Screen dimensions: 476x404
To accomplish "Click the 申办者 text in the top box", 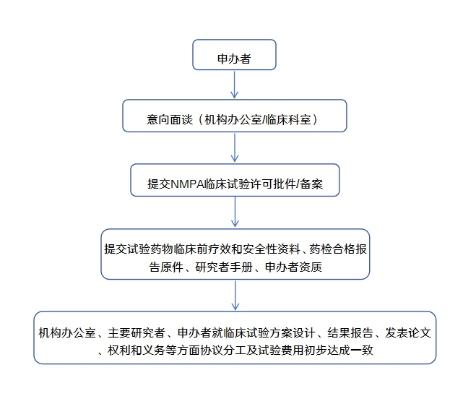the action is [x=234, y=59].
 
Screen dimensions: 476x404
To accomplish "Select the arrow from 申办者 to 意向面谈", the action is [x=234, y=85].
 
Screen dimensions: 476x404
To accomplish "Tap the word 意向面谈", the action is [x=170, y=119].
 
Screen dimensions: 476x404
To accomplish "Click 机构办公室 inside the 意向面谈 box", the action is [x=233, y=119].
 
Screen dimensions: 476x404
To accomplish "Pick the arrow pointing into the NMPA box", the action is [x=235, y=147].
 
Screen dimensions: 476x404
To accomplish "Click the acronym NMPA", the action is [x=189, y=184].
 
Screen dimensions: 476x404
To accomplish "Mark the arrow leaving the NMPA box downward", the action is [x=235, y=212].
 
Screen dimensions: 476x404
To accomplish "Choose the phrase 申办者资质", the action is [x=293, y=267].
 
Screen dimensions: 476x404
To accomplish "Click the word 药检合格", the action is [x=332, y=249].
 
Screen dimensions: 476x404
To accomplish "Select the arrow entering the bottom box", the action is [x=235, y=296].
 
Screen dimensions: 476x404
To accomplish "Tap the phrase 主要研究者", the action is [x=137, y=332].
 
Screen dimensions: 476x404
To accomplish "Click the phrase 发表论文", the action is [x=407, y=332].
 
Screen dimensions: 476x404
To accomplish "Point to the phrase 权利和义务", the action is [x=137, y=350].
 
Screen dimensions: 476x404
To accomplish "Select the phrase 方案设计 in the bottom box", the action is [x=292, y=332].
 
